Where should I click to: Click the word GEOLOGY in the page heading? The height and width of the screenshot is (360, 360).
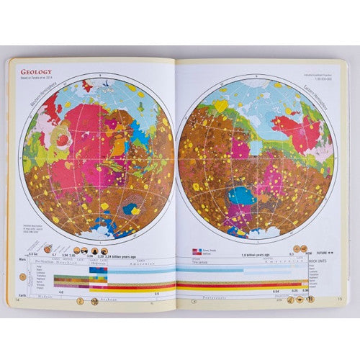pos(37,71)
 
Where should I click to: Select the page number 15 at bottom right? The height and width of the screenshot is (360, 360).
pos(341,298)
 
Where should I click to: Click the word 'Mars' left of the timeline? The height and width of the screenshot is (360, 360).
pos(21,260)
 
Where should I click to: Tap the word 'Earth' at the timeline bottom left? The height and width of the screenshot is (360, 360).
pos(21,292)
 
